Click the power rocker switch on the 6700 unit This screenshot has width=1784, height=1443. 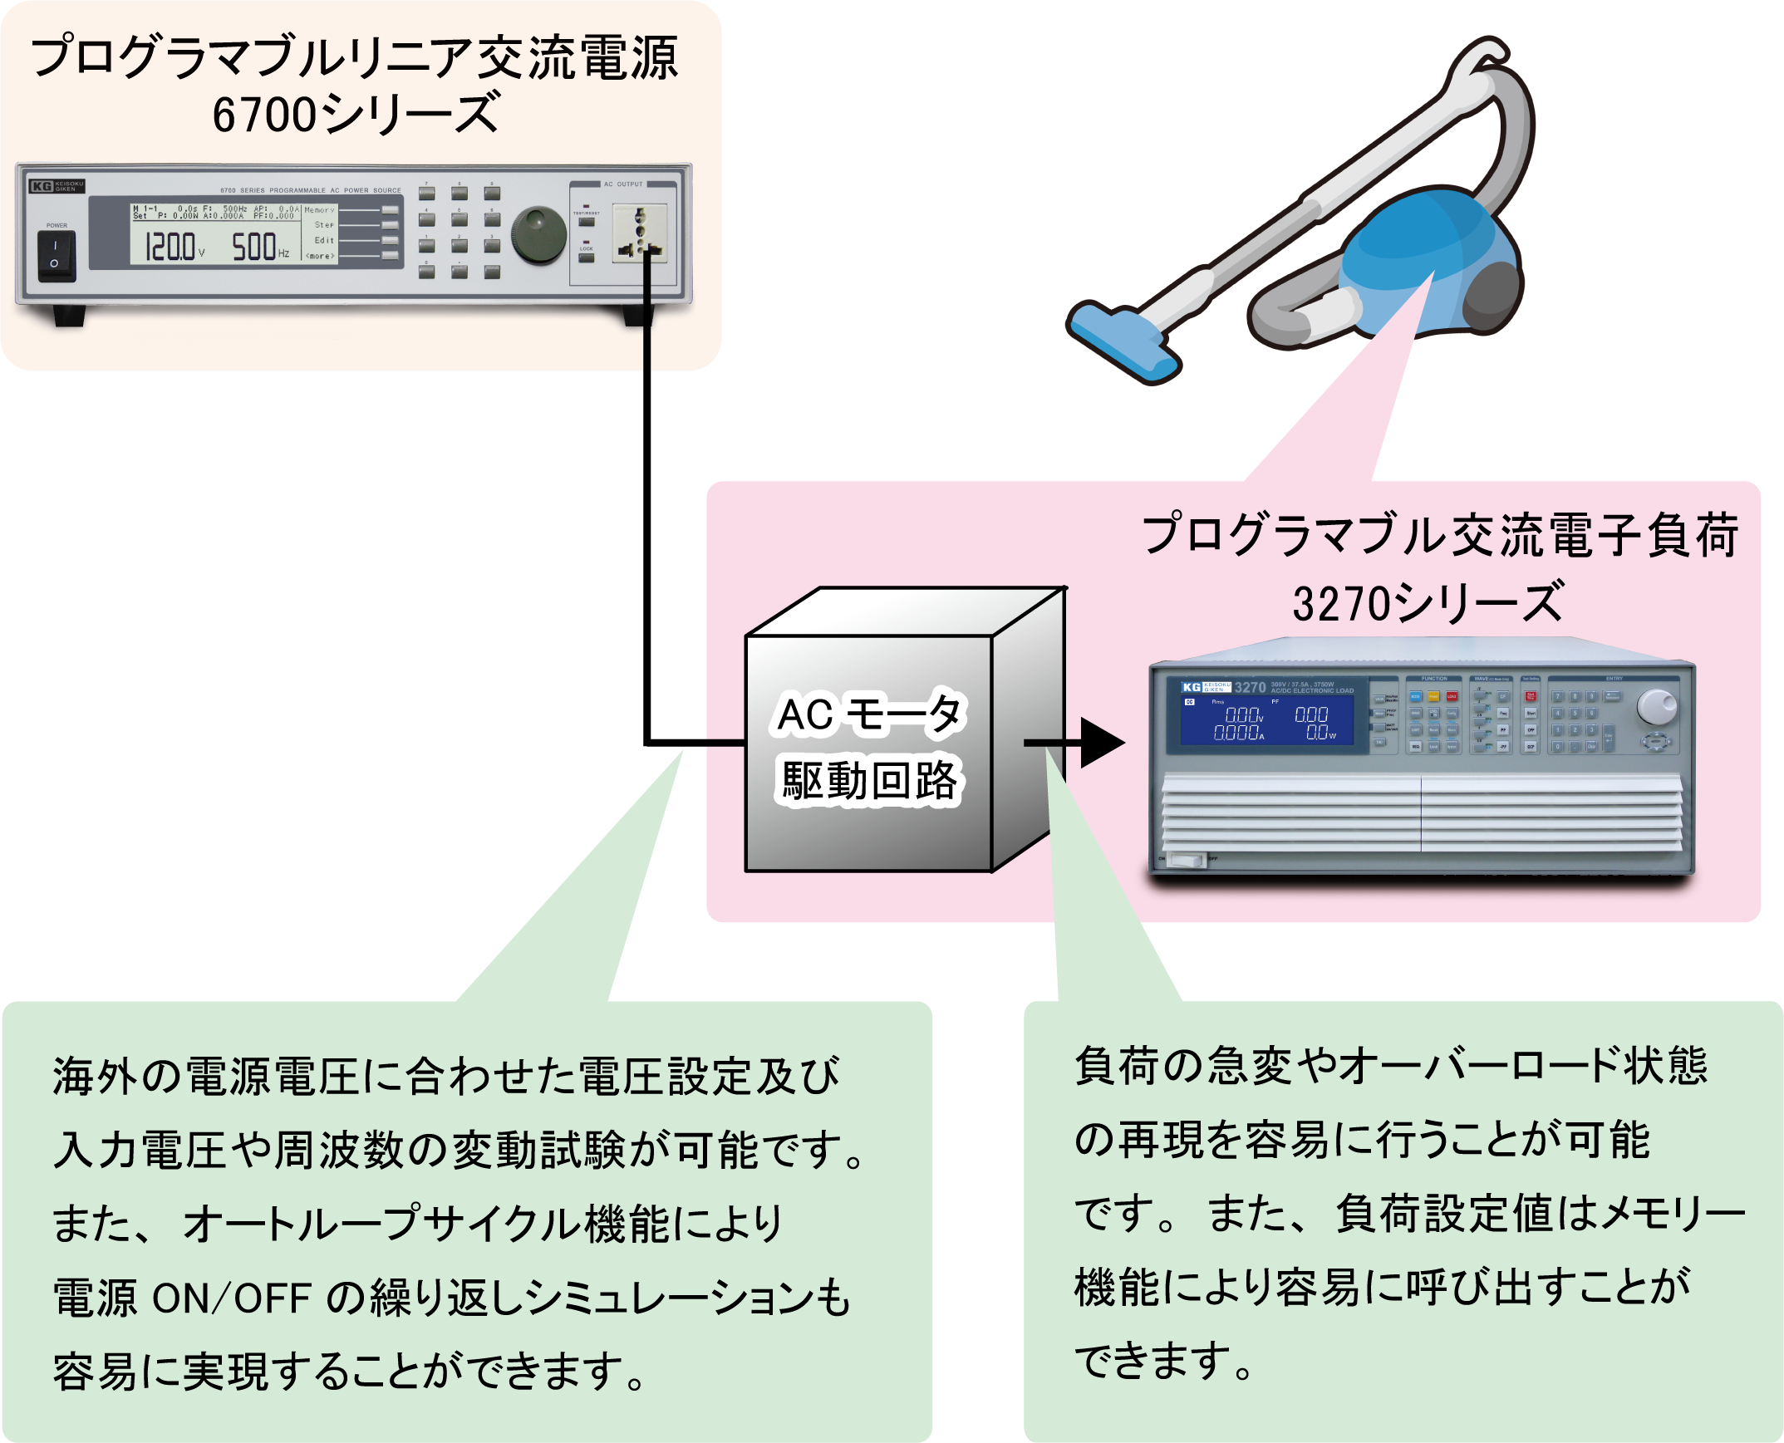click(x=56, y=255)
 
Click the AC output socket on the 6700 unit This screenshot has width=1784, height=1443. click(x=639, y=233)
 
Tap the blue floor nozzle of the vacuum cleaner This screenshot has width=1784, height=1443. click(x=1123, y=341)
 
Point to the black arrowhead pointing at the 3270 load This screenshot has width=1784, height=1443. click(x=1101, y=743)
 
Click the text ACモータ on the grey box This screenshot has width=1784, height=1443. click(x=868, y=713)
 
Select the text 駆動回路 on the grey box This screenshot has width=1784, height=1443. click(x=868, y=781)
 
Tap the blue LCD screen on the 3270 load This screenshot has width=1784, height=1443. click(x=1266, y=720)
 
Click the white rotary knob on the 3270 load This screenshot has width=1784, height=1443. click(x=1656, y=706)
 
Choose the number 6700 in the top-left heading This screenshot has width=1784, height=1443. click(x=264, y=115)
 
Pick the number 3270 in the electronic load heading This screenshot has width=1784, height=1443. click(x=1341, y=604)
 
